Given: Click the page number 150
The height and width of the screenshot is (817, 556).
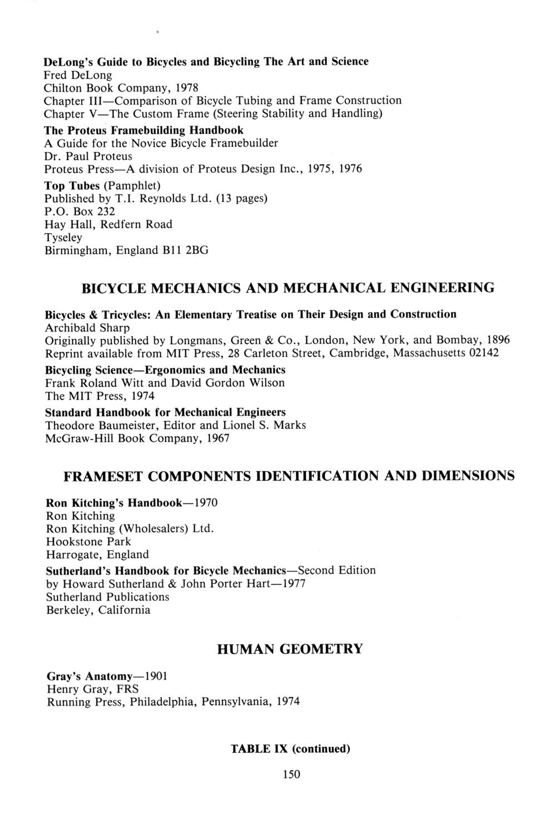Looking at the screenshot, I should click(x=291, y=774).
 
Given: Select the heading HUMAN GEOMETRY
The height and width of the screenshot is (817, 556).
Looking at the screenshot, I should click(x=290, y=649).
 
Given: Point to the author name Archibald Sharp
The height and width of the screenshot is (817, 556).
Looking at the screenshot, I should click(x=87, y=328).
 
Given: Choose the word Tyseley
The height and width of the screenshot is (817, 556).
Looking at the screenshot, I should click(x=63, y=237).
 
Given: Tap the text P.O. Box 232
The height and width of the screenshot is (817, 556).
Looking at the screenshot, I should click(x=80, y=211).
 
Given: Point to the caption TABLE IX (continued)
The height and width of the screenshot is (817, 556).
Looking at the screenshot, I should click(x=290, y=749).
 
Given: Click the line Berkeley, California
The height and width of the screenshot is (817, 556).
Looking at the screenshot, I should click(x=98, y=610).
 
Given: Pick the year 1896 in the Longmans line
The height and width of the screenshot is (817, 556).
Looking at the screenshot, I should click(x=497, y=340).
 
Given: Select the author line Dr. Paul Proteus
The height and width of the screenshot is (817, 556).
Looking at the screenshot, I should click(x=88, y=156).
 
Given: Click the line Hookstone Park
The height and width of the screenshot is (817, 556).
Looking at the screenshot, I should click(x=88, y=542).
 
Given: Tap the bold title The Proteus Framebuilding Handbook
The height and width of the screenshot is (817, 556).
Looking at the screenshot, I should click(x=144, y=130).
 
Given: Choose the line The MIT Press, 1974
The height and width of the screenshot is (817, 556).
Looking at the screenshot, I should click(x=100, y=396).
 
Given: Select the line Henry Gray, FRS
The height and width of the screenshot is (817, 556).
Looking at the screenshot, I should click(x=93, y=689).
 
